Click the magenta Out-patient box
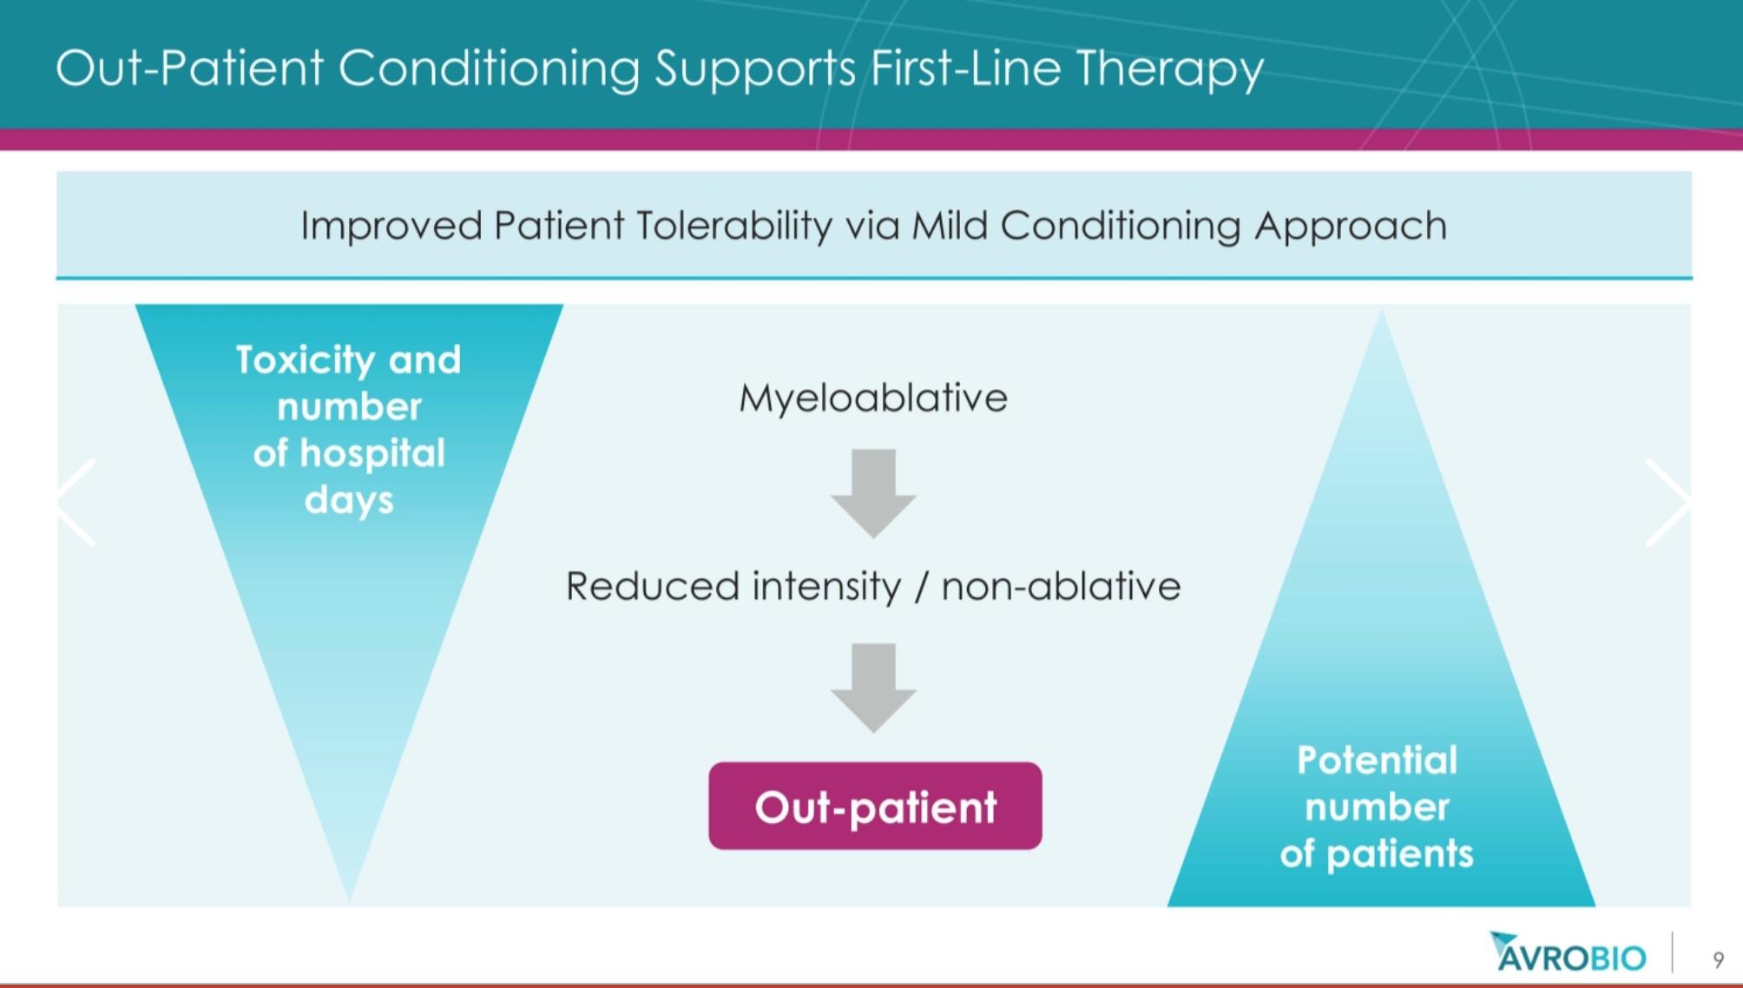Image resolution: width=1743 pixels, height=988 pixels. (875, 806)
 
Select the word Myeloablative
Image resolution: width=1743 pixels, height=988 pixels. (873, 398)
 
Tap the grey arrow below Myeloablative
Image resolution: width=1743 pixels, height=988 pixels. (873, 493)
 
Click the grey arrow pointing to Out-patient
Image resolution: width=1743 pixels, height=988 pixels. (873, 688)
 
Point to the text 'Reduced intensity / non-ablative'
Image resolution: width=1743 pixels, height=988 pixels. (873, 586)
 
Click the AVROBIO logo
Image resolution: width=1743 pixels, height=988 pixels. (1568, 952)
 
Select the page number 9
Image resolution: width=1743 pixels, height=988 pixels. (1718, 959)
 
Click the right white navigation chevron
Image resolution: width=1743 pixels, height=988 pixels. (1667, 503)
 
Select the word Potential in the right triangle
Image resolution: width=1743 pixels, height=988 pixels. (1377, 761)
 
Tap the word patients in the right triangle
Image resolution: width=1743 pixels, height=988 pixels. (1400, 854)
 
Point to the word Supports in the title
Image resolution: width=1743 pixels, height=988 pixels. (755, 69)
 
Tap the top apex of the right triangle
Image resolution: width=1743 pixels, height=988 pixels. (1381, 310)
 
